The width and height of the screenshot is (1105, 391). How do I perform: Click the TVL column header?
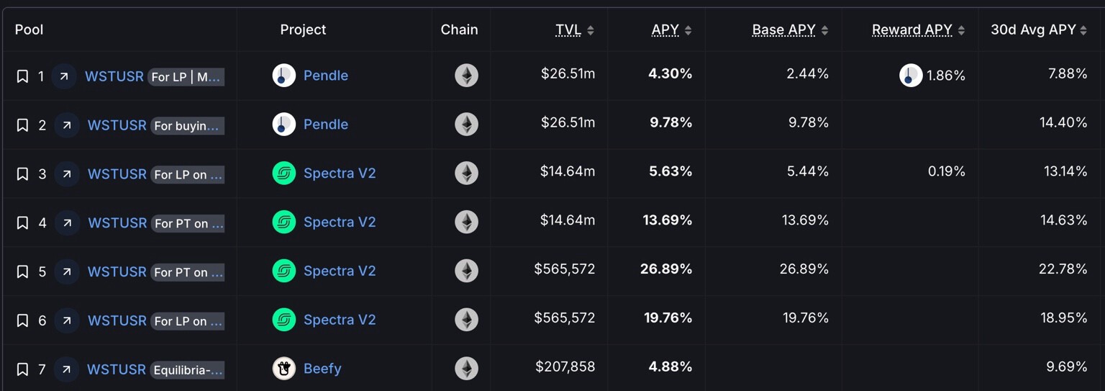568,30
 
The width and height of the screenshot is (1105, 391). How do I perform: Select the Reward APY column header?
911,30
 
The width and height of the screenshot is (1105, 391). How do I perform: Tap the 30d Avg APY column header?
1033,30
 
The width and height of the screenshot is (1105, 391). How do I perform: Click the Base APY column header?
783,30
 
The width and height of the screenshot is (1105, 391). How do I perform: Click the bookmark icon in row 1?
22,76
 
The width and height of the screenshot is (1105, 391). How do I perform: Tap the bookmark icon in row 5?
22,271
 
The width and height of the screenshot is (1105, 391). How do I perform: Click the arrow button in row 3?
67,174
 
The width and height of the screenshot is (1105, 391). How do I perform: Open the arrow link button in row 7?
66,369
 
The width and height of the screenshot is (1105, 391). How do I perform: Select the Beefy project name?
322,369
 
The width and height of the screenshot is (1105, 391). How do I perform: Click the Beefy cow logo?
284,369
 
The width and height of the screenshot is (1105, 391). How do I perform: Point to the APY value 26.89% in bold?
666,269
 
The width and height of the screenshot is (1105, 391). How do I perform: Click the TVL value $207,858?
565,367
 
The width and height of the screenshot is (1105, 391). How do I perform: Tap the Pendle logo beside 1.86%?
911,76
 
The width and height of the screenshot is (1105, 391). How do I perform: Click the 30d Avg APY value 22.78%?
1063,269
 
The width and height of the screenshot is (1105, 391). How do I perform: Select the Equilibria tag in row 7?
188,370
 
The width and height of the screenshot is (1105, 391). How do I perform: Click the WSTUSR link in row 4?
117,223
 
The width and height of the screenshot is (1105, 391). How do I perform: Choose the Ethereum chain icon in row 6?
466,320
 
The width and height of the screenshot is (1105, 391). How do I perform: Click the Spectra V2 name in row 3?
340,174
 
